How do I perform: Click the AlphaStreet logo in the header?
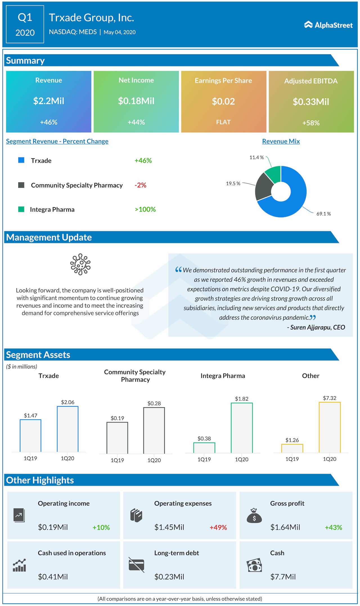pos(328,25)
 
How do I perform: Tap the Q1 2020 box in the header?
pos(25,24)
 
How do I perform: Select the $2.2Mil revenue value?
pos(49,101)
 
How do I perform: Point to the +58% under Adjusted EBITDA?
pos(311,123)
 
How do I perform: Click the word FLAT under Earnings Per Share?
pos(223,122)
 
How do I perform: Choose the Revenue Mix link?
pos(281,141)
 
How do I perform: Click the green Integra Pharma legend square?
pos(21,209)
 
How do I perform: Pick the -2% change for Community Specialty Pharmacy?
pos(140,185)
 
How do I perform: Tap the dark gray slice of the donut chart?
pos(264,186)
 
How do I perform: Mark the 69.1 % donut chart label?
pos(323,214)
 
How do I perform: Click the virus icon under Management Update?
pos(80,264)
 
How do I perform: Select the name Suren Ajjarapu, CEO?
pos(316,327)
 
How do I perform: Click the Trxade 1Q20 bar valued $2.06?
pos(67,429)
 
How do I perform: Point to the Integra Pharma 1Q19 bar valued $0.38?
pos(204,447)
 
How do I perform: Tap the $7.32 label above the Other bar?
pos(329,398)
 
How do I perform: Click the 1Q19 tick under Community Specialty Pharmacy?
pos(117,460)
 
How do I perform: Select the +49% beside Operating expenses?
pos(218,527)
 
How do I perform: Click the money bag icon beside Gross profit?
pos(254,515)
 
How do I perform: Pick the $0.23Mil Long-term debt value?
pos(169,577)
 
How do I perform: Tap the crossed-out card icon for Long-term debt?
pos(136,565)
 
